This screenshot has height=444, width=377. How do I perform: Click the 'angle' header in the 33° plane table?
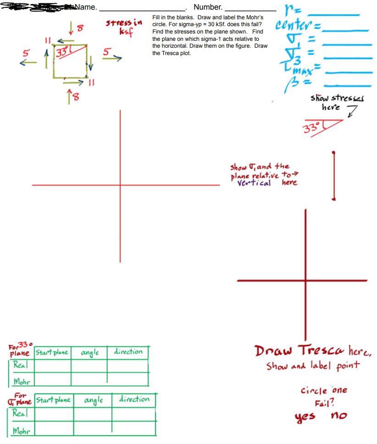[90, 353]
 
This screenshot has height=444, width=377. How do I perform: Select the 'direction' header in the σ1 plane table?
[134, 399]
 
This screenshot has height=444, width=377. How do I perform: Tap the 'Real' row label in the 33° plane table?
[20, 366]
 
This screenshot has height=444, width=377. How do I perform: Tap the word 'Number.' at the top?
[208, 7]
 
